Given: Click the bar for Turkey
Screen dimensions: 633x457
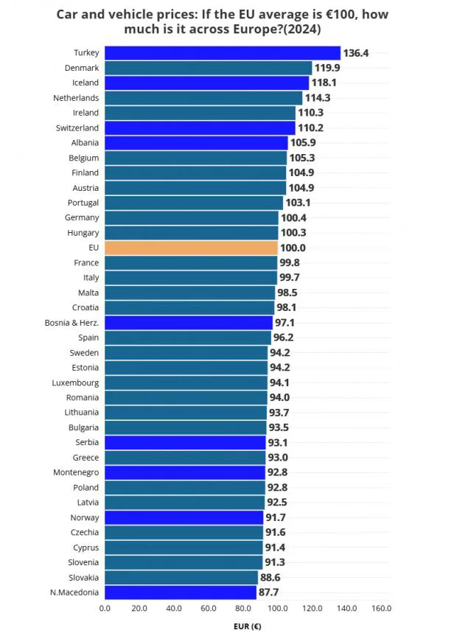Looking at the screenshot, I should (x=222, y=53).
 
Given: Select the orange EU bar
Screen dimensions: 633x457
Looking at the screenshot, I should (x=191, y=248).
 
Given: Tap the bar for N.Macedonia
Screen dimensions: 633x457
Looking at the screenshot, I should (x=180, y=592).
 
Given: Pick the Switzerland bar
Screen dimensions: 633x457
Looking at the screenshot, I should (x=200, y=127).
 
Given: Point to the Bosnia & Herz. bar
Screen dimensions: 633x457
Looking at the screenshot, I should (x=189, y=323).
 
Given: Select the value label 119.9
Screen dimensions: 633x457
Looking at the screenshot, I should (x=328, y=68).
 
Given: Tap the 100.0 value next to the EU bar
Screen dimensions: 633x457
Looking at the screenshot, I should (x=293, y=248).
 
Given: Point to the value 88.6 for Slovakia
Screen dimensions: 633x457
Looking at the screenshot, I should (x=272, y=578).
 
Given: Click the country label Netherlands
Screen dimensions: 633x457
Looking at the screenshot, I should (x=76, y=98).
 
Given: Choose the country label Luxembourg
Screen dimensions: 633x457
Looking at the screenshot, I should (x=75, y=382).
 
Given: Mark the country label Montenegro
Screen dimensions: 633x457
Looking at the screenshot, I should (x=76, y=472).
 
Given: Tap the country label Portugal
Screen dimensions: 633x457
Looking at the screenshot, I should (x=83, y=203).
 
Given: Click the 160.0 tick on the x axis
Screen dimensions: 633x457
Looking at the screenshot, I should (x=381, y=609).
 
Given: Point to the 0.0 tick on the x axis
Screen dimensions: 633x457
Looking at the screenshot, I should (x=105, y=609).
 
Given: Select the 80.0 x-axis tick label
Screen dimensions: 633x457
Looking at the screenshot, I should (x=243, y=609).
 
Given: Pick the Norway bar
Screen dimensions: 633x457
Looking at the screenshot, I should (x=184, y=517).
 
